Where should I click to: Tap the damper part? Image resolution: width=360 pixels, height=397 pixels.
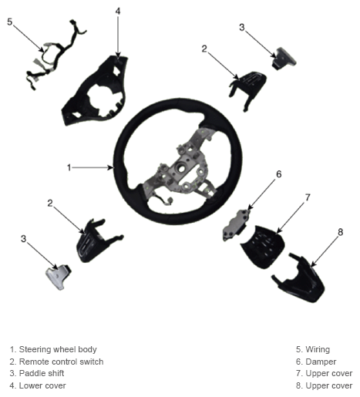(x=235, y=225)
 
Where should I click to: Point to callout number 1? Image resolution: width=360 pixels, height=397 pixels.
(x=69, y=167)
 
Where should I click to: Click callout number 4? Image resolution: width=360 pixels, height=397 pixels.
(x=118, y=11)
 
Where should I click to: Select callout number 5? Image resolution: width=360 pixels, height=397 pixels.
(x=9, y=22)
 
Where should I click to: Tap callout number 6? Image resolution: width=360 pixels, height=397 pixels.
(x=279, y=174)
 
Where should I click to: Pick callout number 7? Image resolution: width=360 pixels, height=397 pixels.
(x=308, y=197)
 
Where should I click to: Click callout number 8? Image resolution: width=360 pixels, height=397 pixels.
(x=340, y=232)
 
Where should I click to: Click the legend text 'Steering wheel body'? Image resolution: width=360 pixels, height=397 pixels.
(x=58, y=349)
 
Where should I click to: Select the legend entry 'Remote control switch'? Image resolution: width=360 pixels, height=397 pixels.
(x=56, y=362)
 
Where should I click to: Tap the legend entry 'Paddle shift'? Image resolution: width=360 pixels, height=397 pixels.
(x=37, y=373)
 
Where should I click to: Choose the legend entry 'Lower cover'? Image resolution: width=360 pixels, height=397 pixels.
(x=38, y=385)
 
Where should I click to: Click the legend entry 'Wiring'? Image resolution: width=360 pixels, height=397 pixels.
(x=313, y=349)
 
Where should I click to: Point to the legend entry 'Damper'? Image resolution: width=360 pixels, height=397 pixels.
(x=316, y=362)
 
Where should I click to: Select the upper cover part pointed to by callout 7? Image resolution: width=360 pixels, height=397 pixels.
(x=263, y=246)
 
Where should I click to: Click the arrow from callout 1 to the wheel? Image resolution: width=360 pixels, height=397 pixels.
(x=93, y=168)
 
